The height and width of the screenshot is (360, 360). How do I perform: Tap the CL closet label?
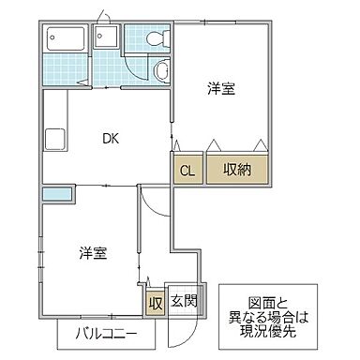(x=187, y=170)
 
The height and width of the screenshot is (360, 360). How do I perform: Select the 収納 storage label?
(x=237, y=170)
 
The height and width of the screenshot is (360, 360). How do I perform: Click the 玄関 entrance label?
(x=184, y=301)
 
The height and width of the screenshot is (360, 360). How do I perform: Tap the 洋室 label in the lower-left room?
(x=91, y=252)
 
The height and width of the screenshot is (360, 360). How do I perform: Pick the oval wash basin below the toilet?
(x=162, y=71)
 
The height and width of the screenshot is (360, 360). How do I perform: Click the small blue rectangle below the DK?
(x=57, y=194)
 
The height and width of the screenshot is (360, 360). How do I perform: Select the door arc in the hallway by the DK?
(x=150, y=202)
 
